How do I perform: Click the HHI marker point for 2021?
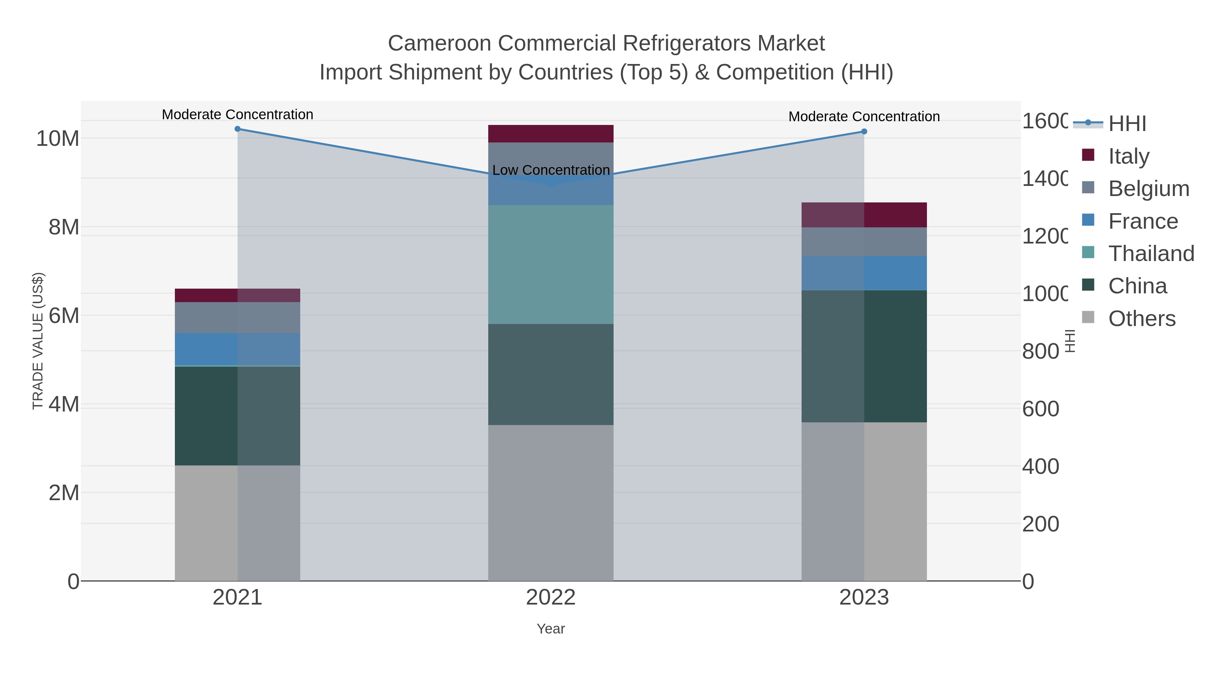click(237, 129)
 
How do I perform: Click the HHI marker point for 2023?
click(864, 132)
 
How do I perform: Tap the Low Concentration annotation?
click(551, 170)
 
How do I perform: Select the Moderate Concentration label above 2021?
click(237, 115)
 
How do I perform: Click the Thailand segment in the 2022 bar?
click(551, 264)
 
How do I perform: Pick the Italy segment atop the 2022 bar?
click(551, 134)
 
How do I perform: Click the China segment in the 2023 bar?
click(864, 356)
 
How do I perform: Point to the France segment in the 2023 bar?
click(864, 273)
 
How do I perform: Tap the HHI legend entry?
click(1126, 124)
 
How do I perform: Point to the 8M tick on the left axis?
click(64, 227)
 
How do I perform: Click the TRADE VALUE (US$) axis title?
click(38, 341)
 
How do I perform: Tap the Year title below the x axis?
click(551, 629)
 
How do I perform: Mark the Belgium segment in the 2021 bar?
click(237, 318)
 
